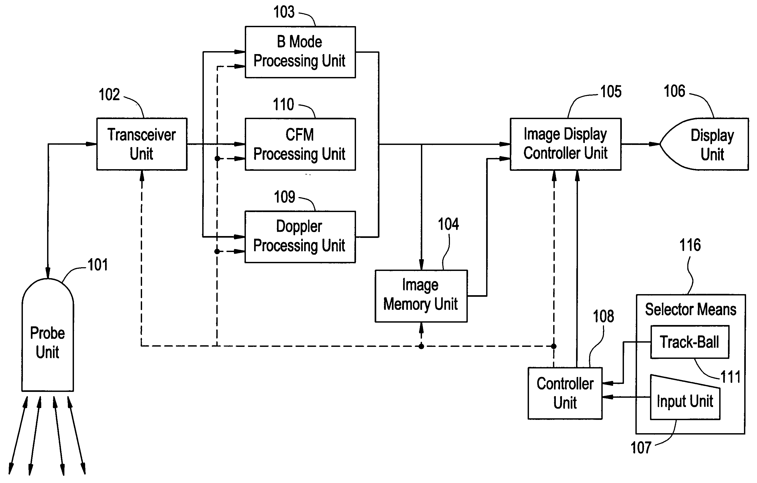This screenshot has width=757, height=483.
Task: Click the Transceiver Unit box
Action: (x=142, y=144)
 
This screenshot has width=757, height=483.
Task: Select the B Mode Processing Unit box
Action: (x=300, y=52)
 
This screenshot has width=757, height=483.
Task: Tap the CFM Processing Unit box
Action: (x=300, y=144)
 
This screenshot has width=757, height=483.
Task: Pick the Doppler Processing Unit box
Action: (x=300, y=237)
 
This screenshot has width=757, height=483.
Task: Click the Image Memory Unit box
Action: (x=421, y=296)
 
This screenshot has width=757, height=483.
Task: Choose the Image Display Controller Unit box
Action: (x=565, y=144)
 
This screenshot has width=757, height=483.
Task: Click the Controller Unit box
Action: (x=565, y=393)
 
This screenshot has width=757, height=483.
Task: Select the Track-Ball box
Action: (x=689, y=342)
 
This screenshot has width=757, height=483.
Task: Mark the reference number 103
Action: (x=284, y=12)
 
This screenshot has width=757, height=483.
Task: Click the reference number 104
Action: (x=448, y=224)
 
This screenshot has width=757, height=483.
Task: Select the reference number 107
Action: (x=641, y=448)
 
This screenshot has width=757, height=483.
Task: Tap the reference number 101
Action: (x=98, y=265)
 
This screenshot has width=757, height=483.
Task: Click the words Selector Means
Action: (x=691, y=310)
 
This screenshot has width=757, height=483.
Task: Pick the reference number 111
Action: (x=731, y=377)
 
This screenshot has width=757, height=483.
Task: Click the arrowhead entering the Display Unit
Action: (x=655, y=144)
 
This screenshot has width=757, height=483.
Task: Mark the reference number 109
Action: (x=284, y=197)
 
